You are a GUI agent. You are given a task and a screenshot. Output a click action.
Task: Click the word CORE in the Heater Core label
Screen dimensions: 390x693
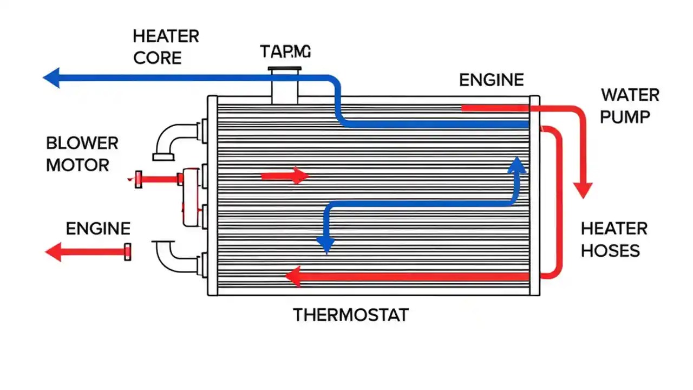157,58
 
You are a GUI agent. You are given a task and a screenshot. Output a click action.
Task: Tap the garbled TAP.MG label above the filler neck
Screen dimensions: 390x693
285,52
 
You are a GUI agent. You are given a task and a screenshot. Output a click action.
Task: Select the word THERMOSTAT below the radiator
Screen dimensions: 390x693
351,315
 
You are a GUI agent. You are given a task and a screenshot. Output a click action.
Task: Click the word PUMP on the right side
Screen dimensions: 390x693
625,116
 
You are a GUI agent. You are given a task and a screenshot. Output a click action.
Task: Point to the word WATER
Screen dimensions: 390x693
630,95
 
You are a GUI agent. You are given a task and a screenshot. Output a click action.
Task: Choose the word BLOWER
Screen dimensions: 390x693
82,144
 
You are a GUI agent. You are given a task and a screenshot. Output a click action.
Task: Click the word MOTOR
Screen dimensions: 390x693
77,165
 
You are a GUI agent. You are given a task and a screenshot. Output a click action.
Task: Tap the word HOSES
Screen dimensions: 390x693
610,250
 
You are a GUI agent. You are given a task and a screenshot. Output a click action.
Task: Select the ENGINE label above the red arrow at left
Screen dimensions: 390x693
98,229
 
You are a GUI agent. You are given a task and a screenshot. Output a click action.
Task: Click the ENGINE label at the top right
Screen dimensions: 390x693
491,80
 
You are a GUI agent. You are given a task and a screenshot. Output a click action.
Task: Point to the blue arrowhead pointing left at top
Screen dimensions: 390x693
51,77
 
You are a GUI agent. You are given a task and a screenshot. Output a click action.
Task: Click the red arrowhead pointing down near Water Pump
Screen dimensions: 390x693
583,190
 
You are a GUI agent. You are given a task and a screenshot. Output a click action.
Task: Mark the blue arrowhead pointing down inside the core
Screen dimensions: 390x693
325,245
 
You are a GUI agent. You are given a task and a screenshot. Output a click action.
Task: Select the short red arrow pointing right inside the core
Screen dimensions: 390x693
285,175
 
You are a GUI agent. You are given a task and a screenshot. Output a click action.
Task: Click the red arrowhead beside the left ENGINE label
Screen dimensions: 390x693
53,252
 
